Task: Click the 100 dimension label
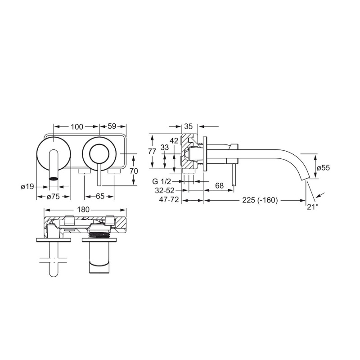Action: coord(77,126)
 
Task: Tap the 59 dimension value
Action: coord(112,126)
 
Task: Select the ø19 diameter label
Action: coord(27,187)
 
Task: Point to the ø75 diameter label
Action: coord(53,197)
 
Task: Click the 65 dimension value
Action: coord(100,196)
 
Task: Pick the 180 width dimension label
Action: coord(83,209)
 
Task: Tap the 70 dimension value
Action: coord(134,171)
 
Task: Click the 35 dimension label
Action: coord(188,126)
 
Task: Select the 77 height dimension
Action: coord(152,151)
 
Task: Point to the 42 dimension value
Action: coord(174,140)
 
